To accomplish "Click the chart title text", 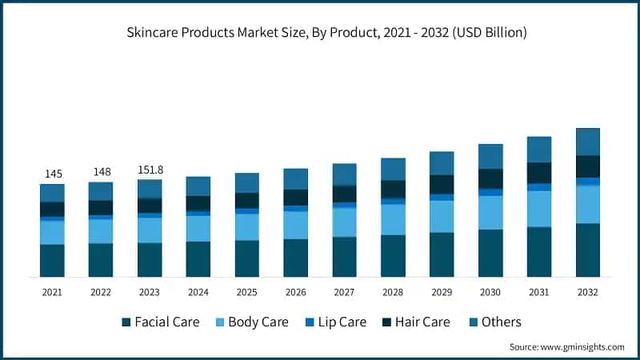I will pyautogui.click(x=320, y=33).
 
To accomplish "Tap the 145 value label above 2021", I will pyautogui.click(x=52, y=174).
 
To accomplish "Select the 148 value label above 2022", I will pyautogui.click(x=101, y=171).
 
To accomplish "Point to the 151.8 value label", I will pyautogui.click(x=150, y=169).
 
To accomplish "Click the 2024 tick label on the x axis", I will pyautogui.click(x=198, y=292).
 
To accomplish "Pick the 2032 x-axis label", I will pyautogui.click(x=588, y=292).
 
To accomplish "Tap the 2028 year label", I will pyautogui.click(x=393, y=292).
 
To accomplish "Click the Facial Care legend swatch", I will pyautogui.click(x=126, y=322).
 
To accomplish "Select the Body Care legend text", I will pyautogui.click(x=258, y=322).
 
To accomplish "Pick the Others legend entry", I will pyautogui.click(x=501, y=322).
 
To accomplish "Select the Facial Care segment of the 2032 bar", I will pyautogui.click(x=588, y=250).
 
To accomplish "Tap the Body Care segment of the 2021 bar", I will pyautogui.click(x=52, y=233).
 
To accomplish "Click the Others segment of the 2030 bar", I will pyautogui.click(x=490, y=157).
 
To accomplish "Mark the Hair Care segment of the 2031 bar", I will pyautogui.click(x=539, y=173).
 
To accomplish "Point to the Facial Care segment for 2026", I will pyautogui.click(x=296, y=258).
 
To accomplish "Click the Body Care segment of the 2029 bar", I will pyautogui.click(x=442, y=217).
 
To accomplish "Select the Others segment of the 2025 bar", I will pyautogui.click(x=247, y=183).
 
